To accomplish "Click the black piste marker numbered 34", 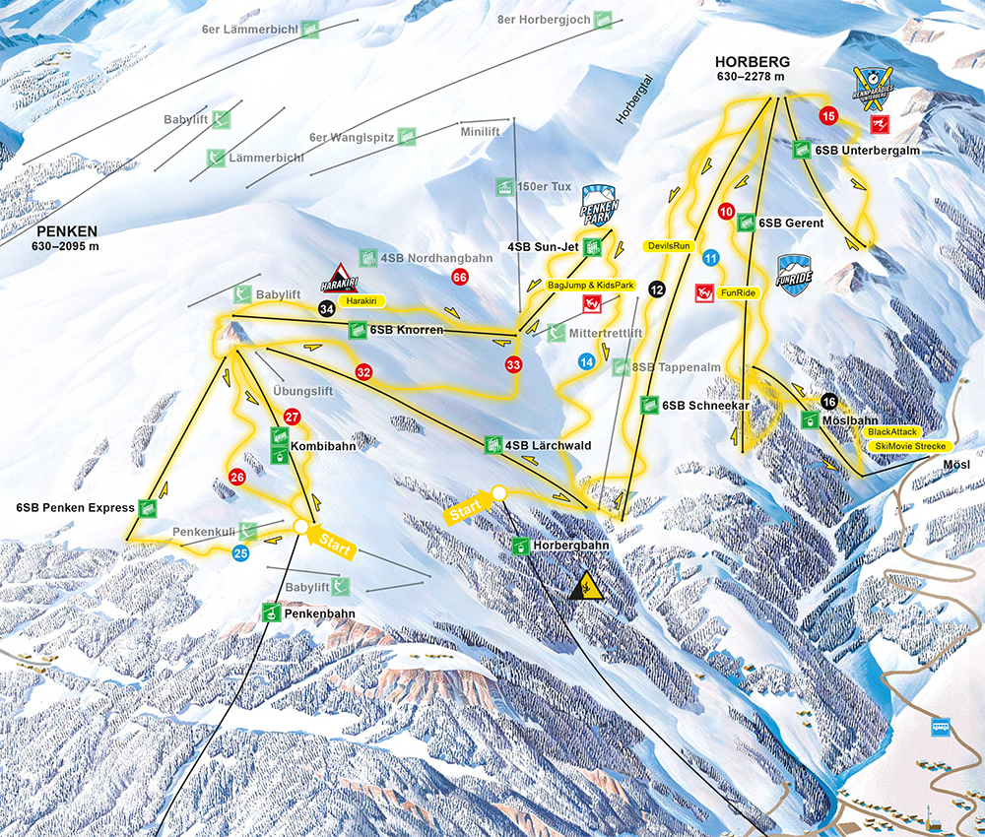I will click(x=327, y=308).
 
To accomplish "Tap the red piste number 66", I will click(x=459, y=278).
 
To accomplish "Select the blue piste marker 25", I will click(x=241, y=553).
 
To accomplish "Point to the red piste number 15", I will click(x=827, y=116).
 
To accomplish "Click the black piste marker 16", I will click(x=829, y=401).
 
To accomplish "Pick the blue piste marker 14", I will click(x=587, y=361).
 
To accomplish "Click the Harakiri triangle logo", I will click(x=337, y=278).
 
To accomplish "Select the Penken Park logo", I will click(x=599, y=205).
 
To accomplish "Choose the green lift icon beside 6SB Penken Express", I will click(x=147, y=508).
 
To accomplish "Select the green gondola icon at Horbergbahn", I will click(x=520, y=545).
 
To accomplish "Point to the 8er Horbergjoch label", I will click(x=544, y=19).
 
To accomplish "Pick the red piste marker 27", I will click(x=292, y=417).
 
